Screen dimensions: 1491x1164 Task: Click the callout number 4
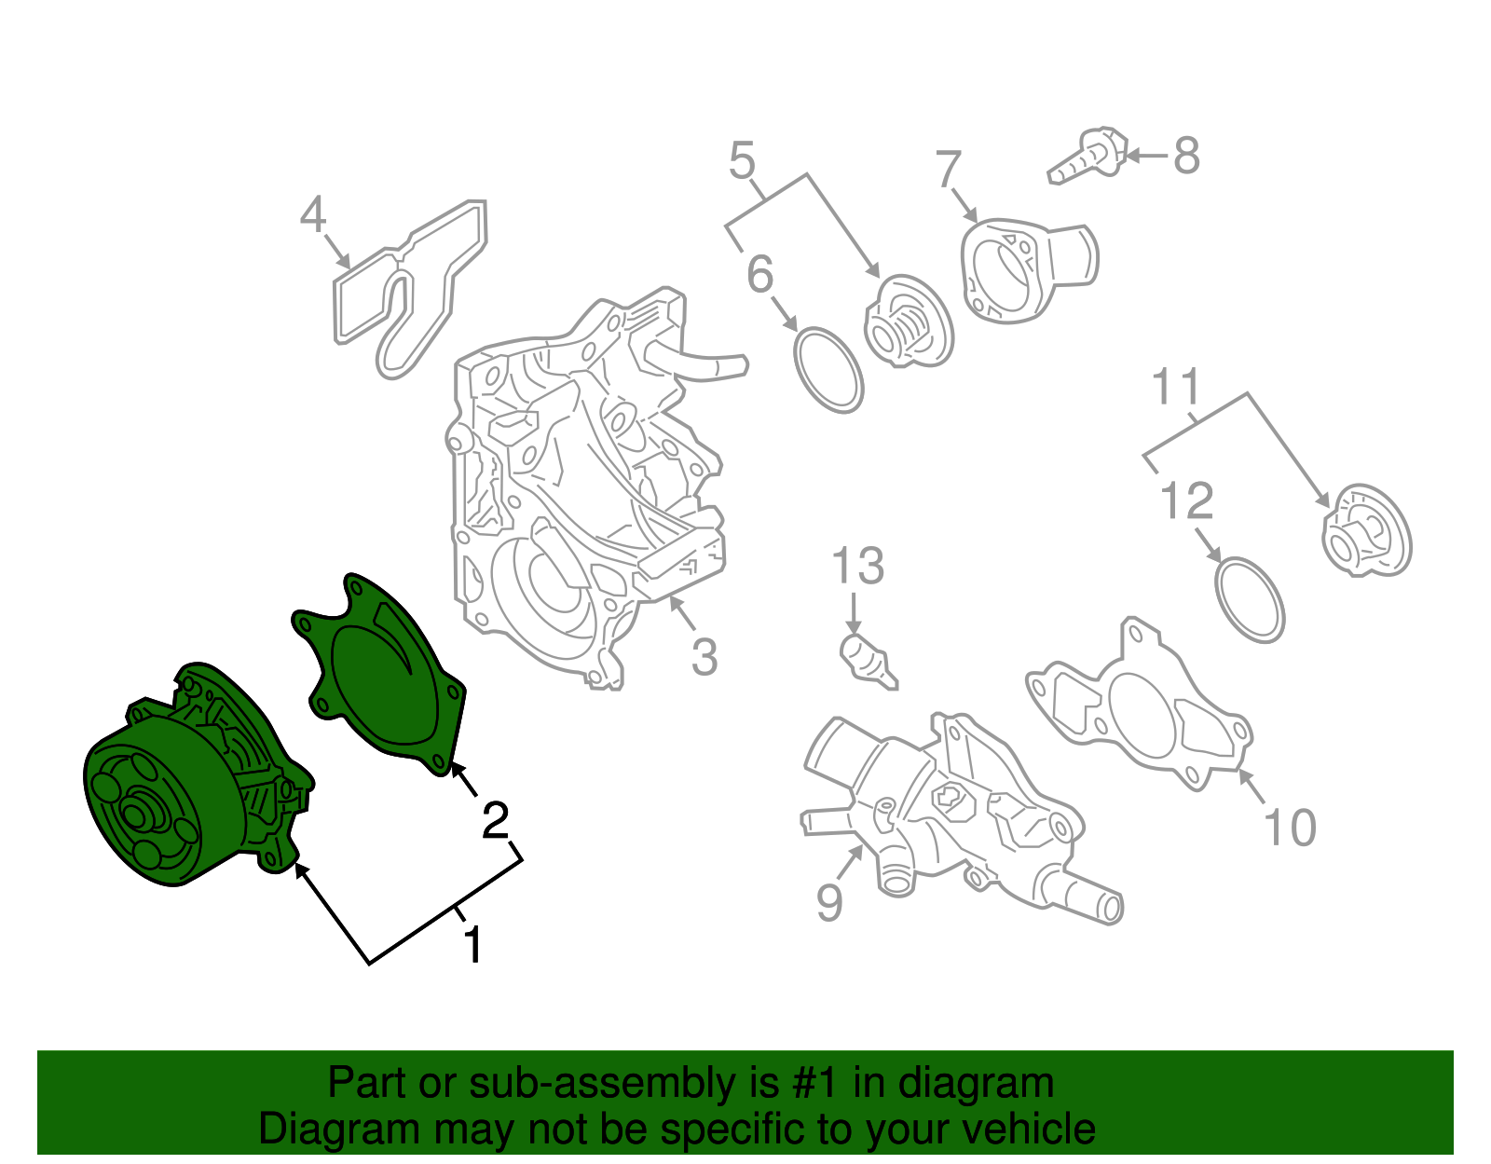[x=313, y=214]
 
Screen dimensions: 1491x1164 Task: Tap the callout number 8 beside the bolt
[x=1186, y=156]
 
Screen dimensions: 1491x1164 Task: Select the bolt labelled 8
[x=1087, y=155]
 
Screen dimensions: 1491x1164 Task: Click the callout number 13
[x=857, y=566]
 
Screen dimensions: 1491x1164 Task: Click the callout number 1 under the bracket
[x=473, y=944]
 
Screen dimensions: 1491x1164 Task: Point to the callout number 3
[x=704, y=656]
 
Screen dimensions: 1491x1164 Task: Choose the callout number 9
[x=829, y=903]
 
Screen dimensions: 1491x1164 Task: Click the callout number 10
[x=1290, y=828]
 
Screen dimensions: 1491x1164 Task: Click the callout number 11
[x=1175, y=386]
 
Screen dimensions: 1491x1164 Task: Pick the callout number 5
[x=742, y=159]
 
